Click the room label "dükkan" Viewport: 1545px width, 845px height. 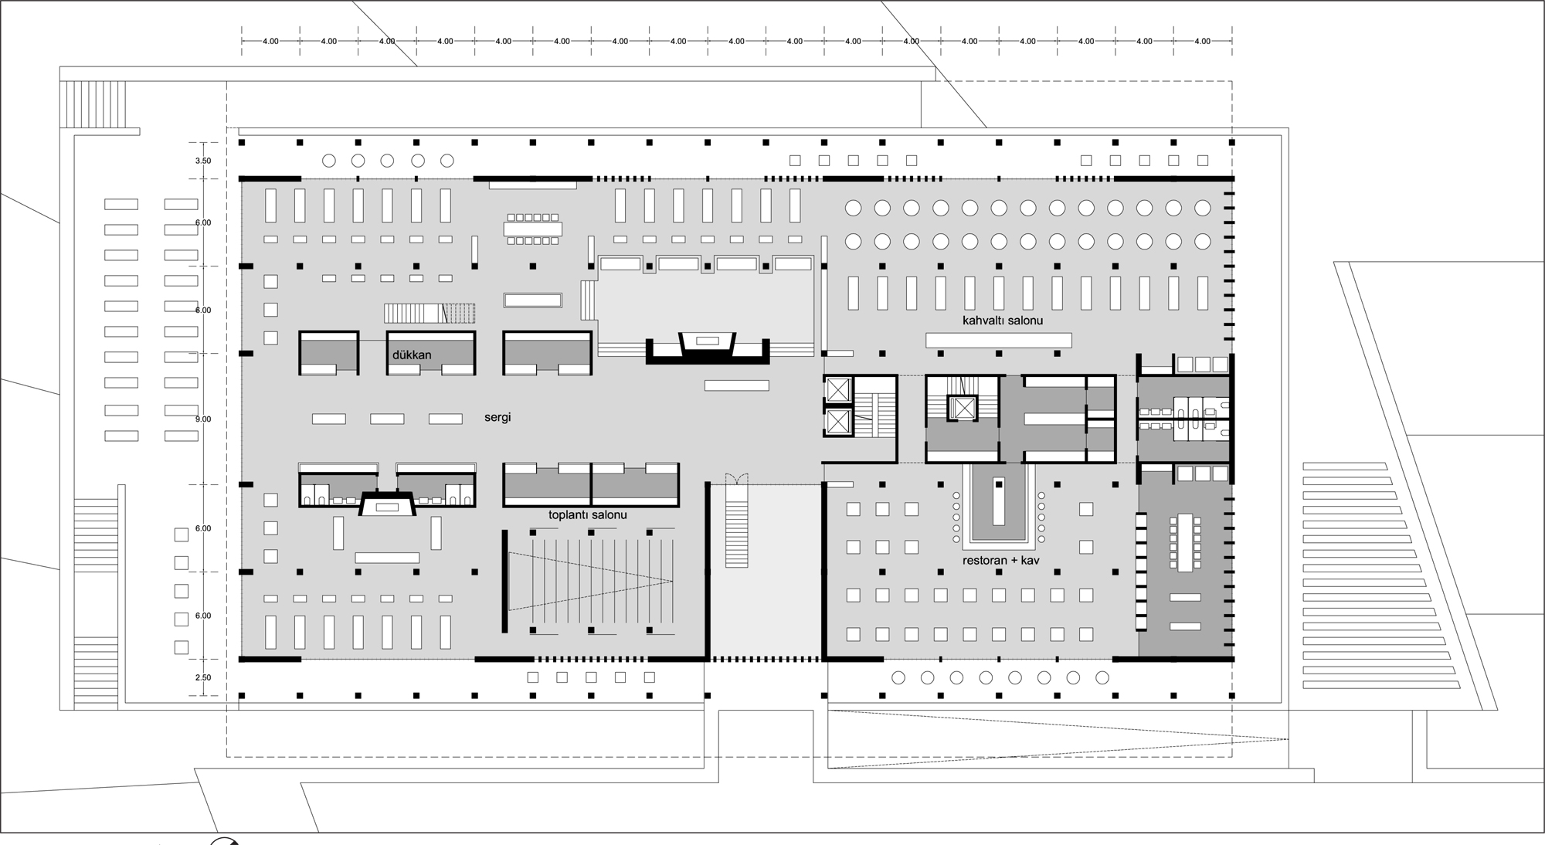tap(412, 355)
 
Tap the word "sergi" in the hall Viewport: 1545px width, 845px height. tap(497, 418)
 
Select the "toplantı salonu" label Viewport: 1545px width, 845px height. tap(587, 514)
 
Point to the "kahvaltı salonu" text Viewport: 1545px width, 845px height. tap(1003, 320)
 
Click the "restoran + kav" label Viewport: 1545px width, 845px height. tap(1001, 560)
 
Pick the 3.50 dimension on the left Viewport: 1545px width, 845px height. tap(203, 161)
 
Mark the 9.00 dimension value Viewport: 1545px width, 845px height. tap(203, 419)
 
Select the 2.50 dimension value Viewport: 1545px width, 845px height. tap(203, 677)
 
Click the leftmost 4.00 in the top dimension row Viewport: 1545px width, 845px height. tap(270, 41)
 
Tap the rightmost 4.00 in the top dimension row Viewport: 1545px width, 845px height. tap(1202, 41)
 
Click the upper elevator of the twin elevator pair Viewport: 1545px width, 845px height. tap(838, 390)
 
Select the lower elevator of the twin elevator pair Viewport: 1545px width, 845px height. tap(838, 422)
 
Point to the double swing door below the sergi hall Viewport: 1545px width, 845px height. tap(735, 479)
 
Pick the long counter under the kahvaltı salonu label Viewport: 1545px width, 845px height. tap(999, 340)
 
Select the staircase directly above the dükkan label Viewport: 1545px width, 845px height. tap(430, 313)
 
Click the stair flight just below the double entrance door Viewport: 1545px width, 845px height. tap(736, 533)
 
